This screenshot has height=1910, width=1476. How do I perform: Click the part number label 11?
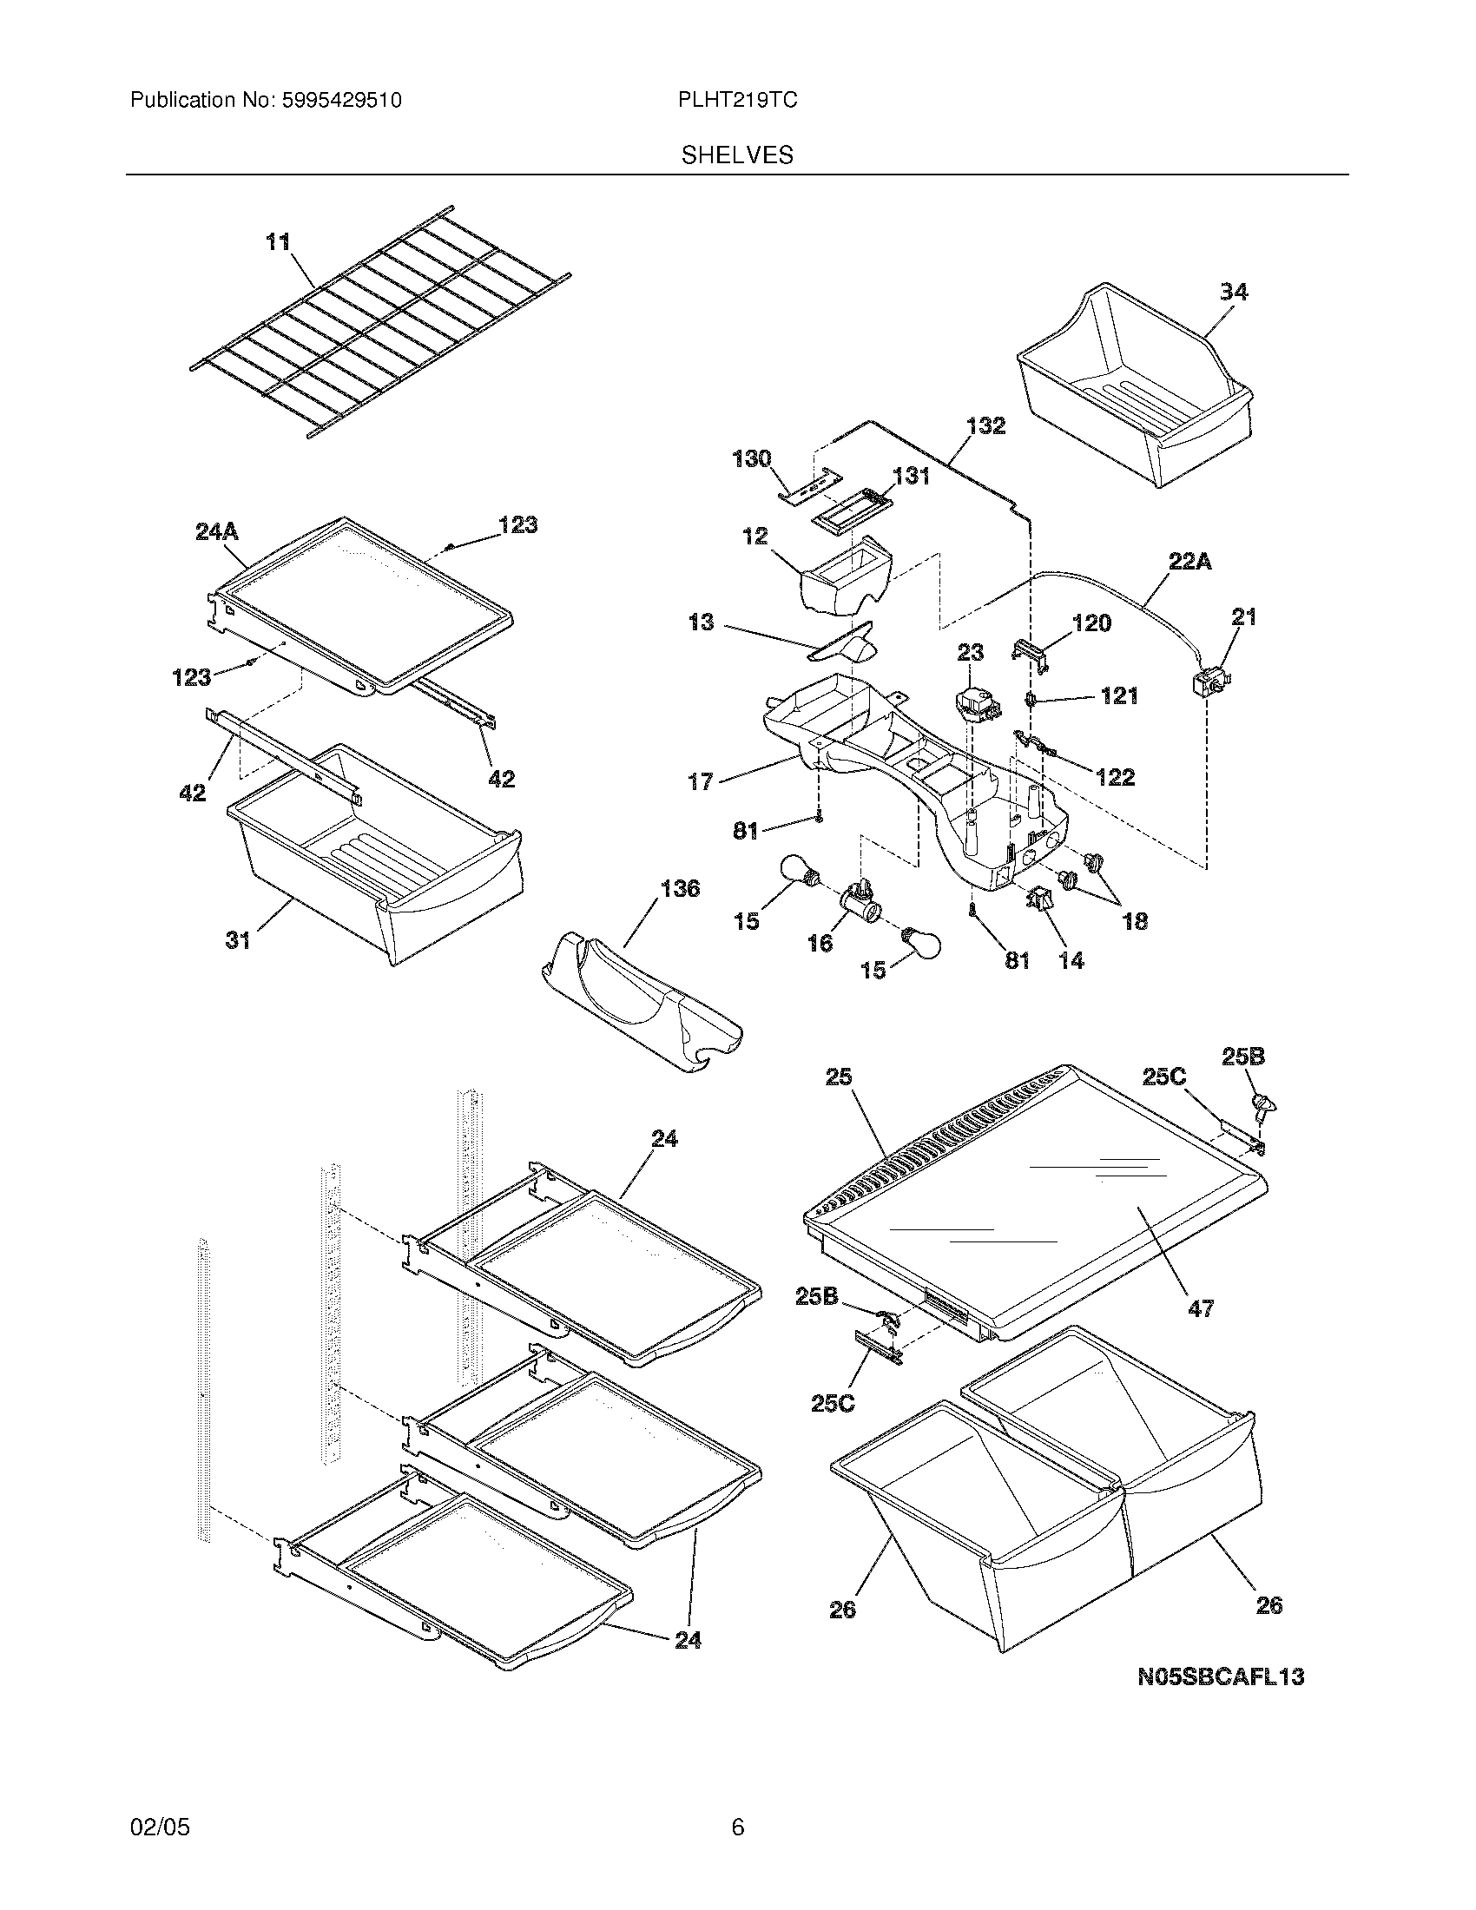click(x=278, y=241)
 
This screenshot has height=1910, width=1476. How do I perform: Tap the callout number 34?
click(x=1233, y=291)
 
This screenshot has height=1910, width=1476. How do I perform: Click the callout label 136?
click(x=680, y=888)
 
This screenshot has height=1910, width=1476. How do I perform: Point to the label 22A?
click(x=1190, y=562)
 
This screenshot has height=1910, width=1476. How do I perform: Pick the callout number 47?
click(x=1201, y=1333)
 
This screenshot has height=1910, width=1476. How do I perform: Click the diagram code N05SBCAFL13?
click(x=1221, y=1676)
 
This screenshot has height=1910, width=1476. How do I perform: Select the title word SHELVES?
click(x=737, y=155)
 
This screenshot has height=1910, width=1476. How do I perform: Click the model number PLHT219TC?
click(x=737, y=101)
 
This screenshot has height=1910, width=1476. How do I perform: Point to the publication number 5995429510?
click(x=341, y=101)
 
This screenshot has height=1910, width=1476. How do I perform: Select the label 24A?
click(x=217, y=531)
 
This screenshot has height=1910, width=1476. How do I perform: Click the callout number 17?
click(x=701, y=781)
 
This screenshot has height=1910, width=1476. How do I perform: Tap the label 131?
click(x=910, y=476)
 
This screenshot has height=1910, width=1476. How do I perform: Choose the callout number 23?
click(x=970, y=652)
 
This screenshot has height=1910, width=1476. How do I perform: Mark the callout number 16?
click(x=820, y=943)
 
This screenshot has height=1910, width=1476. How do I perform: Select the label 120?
click(x=1092, y=622)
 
